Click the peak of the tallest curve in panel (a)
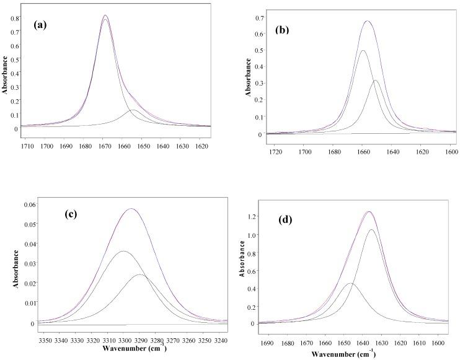click(105, 15)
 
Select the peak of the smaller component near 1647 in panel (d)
click(351, 283)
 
